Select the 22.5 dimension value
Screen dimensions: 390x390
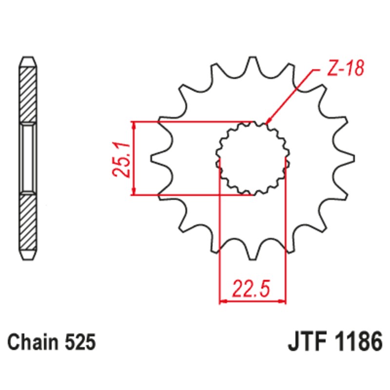click(x=251, y=289)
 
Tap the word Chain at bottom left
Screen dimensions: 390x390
click(x=31, y=342)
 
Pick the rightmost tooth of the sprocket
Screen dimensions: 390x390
click(x=347, y=158)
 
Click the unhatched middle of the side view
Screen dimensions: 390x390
click(x=27, y=158)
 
